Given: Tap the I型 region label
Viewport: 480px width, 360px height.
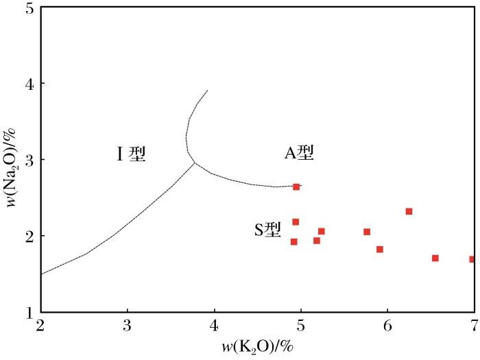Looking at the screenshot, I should point(131,154).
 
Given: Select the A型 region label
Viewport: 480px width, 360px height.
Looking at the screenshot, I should point(299,153).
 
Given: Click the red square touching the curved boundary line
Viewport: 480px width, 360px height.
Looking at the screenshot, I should point(296,187).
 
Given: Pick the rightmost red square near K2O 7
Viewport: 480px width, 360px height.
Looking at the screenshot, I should point(472,259).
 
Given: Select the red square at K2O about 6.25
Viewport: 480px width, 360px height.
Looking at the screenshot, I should point(409,211).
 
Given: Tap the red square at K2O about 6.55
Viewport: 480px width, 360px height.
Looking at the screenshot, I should point(435,258).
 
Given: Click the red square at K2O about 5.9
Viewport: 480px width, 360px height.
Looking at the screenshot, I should point(379,249).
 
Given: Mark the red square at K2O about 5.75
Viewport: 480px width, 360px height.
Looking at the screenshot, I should point(367,232).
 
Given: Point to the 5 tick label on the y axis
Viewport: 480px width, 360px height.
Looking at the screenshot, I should point(29,8).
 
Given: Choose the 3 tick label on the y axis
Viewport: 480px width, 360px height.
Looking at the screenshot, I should point(29,160).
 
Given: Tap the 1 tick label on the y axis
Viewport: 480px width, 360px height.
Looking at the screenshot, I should point(29,312).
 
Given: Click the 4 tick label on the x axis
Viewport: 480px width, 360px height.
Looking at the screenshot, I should point(214,324).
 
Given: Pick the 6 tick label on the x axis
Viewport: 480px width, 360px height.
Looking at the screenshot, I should point(387,324).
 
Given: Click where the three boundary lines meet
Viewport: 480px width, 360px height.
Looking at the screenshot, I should point(195,163).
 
